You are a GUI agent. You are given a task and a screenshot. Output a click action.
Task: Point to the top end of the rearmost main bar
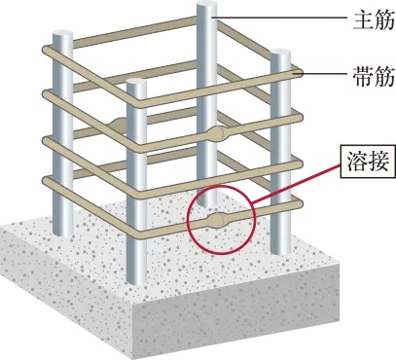click(206, 8)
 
